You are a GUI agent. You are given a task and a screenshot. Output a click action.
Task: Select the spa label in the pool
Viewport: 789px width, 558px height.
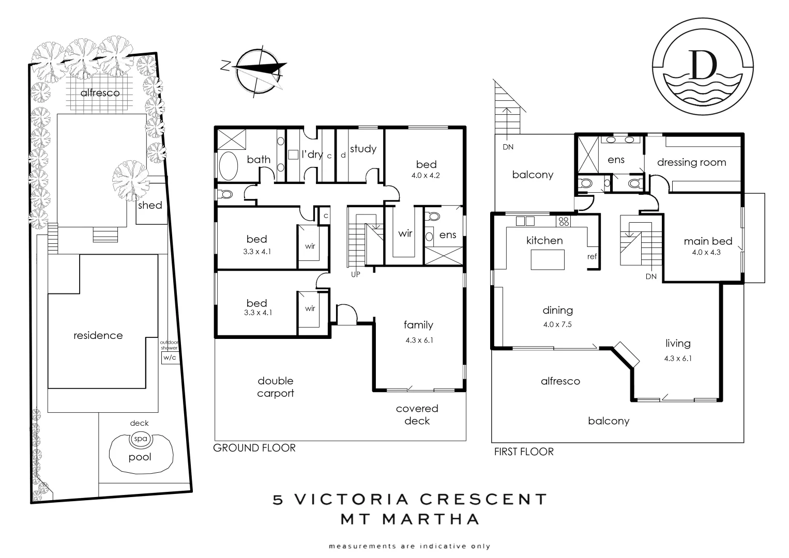coord(140,439)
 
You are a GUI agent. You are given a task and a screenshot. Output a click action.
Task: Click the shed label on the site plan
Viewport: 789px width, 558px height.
coord(150,205)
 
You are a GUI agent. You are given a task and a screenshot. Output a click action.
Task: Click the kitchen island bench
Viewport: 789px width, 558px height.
coord(548,259)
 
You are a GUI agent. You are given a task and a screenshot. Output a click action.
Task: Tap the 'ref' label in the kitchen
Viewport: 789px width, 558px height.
coord(592,257)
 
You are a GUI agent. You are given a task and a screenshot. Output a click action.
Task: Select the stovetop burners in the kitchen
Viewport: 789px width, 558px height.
coord(563,222)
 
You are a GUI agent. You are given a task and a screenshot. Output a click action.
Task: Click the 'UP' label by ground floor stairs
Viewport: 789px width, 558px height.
coord(356,275)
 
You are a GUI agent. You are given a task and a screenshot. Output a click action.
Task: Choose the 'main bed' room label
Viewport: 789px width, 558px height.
coord(708,241)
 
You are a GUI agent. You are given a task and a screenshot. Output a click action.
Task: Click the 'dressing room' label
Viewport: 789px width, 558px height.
coord(691,162)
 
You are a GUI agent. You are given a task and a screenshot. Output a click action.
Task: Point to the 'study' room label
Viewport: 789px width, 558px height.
coord(363,149)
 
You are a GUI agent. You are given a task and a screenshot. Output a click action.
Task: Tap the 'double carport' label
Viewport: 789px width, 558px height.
coord(276,387)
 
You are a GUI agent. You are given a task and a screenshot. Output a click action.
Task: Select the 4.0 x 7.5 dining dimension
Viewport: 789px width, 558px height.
coord(557,324)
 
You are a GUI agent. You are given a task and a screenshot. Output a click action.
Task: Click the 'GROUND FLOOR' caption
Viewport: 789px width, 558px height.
coord(254,448)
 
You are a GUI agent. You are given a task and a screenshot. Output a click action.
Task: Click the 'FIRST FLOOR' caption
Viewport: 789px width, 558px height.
coord(524,452)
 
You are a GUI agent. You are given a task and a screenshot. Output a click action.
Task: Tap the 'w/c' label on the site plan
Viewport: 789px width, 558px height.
coord(170,357)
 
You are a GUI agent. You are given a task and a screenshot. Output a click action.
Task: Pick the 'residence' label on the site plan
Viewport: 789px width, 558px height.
coord(98,335)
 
